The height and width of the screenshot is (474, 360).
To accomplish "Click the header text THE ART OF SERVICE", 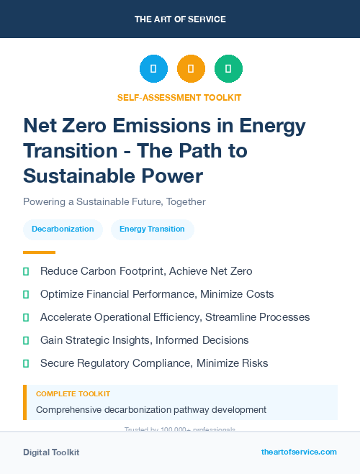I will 180,19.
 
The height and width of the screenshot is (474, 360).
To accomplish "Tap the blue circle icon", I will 153,69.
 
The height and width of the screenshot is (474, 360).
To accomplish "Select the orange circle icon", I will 191,69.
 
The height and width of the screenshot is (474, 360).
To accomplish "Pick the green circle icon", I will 228,69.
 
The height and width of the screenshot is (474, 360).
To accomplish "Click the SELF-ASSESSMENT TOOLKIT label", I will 180,97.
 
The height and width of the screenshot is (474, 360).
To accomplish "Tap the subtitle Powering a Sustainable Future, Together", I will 114,201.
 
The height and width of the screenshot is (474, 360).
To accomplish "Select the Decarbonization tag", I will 63,229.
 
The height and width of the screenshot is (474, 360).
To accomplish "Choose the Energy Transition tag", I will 152,229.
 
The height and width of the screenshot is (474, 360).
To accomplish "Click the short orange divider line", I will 39,252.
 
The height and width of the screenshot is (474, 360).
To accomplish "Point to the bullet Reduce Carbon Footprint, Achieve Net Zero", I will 146,271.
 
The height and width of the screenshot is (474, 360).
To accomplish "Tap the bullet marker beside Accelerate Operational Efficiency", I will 26,317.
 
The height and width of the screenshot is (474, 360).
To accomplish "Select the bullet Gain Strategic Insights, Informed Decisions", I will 144,340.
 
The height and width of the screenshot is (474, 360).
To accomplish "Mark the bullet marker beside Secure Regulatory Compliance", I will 26,363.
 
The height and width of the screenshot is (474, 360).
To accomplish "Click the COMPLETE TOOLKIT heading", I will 73,394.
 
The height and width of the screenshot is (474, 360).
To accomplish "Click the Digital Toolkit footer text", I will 51,452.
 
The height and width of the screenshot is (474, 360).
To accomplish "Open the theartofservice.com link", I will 299,452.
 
